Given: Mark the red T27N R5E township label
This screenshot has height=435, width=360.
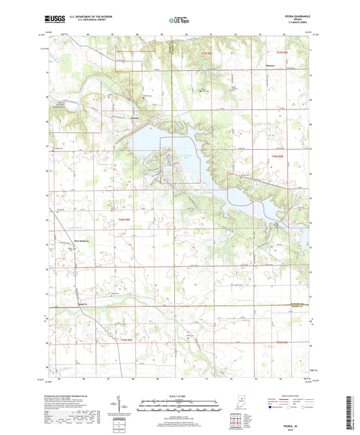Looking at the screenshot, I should tap(205, 51).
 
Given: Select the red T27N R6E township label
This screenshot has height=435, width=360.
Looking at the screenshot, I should tap(281, 51).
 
